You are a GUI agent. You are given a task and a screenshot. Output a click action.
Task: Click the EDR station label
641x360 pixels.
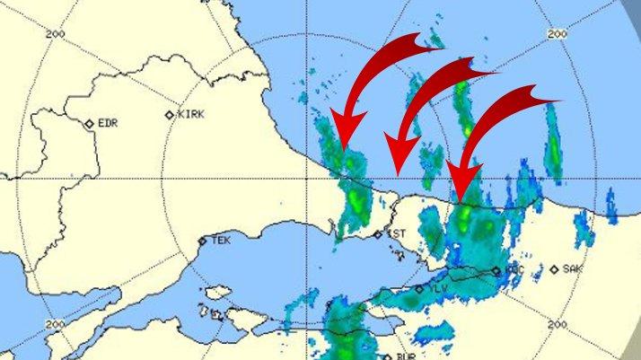[108, 123]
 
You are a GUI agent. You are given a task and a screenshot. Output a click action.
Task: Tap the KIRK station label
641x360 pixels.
[191, 114]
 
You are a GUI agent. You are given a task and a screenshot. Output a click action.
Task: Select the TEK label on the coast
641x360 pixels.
[219, 241]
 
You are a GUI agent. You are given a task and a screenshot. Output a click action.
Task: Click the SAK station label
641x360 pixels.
[573, 268]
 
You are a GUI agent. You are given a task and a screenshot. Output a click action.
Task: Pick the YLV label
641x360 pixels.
[438, 288]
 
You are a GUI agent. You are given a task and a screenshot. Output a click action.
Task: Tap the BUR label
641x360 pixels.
[405, 356]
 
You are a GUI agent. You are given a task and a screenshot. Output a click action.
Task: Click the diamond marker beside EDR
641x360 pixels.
[90, 124]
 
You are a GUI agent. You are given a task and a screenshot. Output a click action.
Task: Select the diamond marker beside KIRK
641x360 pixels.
[171, 115]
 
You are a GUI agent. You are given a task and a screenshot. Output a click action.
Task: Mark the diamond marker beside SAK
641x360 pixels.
[555, 268]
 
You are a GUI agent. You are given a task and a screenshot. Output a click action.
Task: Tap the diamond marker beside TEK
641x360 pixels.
[202, 241]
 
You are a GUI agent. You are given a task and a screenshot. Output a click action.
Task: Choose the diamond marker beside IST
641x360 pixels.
[378, 235]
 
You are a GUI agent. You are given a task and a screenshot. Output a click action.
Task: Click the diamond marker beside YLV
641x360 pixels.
[419, 289]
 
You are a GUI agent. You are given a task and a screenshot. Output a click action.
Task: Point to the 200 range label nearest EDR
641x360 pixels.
[60, 33]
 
